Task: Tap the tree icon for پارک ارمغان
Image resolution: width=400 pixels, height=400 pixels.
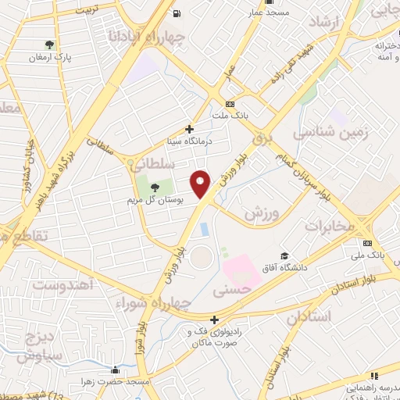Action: tap(50, 45)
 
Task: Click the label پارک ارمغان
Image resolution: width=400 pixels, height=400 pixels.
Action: tap(51, 59)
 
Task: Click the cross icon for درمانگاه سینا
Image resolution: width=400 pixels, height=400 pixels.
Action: tap(189, 129)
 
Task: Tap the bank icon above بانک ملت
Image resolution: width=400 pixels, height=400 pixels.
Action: tap(230, 104)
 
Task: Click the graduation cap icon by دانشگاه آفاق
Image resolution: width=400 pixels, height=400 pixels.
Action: tap(285, 256)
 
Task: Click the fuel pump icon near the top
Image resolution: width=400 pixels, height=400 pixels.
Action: tap(177, 12)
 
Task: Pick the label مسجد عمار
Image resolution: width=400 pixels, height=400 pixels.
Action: tap(266, 13)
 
